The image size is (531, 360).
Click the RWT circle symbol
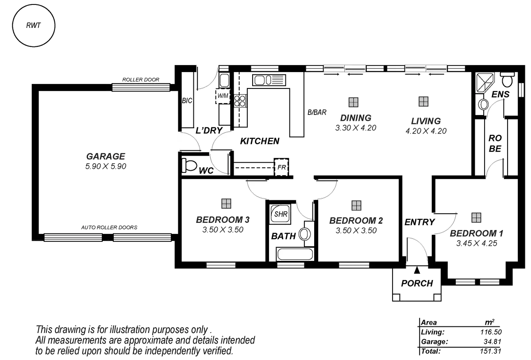click(x=34, y=25)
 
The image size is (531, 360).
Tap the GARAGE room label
click(x=106, y=156)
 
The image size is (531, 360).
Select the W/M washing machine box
click(x=223, y=96)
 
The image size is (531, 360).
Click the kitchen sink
click(x=268, y=80)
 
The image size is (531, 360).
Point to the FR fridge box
click(x=281, y=167)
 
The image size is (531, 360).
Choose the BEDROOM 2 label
click(x=356, y=220)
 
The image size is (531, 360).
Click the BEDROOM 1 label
click(x=476, y=234)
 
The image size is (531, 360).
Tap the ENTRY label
click(x=419, y=222)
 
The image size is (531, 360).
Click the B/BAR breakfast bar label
click(x=317, y=113)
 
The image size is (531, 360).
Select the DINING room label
click(x=355, y=118)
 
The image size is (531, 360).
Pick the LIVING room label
click(x=426, y=121)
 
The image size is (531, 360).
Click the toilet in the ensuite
click(x=507, y=80)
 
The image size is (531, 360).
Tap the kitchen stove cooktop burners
click(x=239, y=101)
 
